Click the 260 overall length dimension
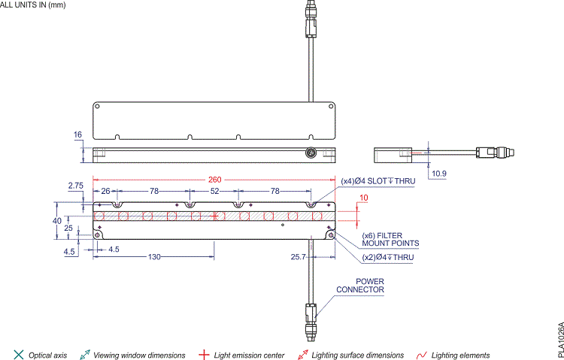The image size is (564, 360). click(x=216, y=180)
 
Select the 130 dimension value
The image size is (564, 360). click(x=153, y=257)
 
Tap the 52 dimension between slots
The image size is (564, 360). click(x=214, y=192)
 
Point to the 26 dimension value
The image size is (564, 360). click(x=105, y=192)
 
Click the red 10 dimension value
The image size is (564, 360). click(x=364, y=198)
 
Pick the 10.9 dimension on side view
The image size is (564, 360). click(x=438, y=174)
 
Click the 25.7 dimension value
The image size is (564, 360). click(x=298, y=257)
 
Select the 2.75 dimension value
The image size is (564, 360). click(x=75, y=185)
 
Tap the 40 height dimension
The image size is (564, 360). click(x=56, y=221)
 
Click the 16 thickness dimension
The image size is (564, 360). click(x=77, y=135)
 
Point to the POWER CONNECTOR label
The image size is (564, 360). click(x=360, y=286)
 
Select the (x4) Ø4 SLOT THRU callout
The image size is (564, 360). click(x=378, y=181)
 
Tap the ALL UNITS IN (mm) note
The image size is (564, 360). click(x=35, y=5)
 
